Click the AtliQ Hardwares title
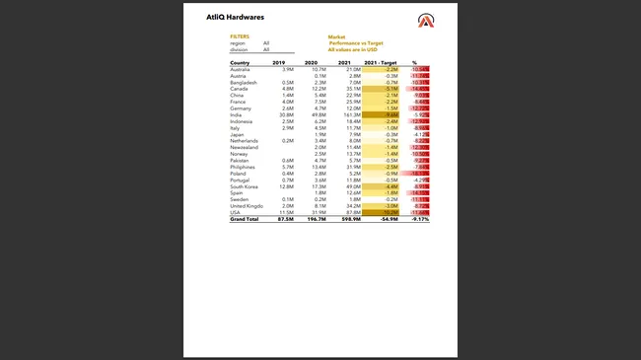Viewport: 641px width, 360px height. pos(235,17)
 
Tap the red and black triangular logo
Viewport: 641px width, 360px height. pos(425,21)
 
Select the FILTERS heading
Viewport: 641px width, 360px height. pos(240,36)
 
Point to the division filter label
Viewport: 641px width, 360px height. pos(239,49)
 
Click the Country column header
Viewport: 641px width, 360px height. pos(240,62)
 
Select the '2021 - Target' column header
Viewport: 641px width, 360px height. pos(380,62)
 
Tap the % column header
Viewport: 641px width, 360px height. pos(414,62)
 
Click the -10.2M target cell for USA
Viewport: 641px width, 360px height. pos(389,212)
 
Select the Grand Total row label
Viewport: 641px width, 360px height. pos(244,219)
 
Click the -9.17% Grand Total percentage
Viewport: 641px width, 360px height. pos(419,219)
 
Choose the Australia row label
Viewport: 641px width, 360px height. pos(240,69)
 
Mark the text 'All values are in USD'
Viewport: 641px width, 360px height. pos(354,49)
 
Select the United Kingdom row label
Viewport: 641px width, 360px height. pos(247,205)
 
